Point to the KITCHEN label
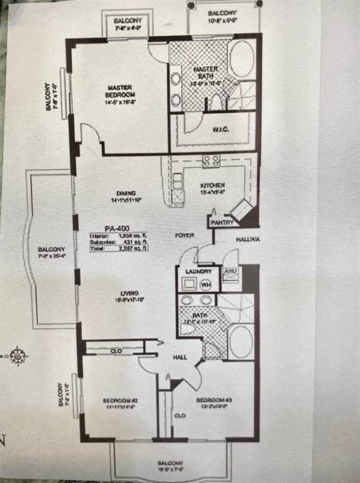click(x=213, y=186)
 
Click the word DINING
click(x=126, y=194)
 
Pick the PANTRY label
click(x=222, y=223)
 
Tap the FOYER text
click(x=184, y=235)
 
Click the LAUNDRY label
click(x=198, y=272)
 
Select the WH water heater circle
click(x=205, y=284)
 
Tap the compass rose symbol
click(x=18, y=356)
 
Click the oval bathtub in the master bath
click(x=242, y=58)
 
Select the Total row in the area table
click(x=118, y=248)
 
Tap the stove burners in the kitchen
click(x=211, y=161)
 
